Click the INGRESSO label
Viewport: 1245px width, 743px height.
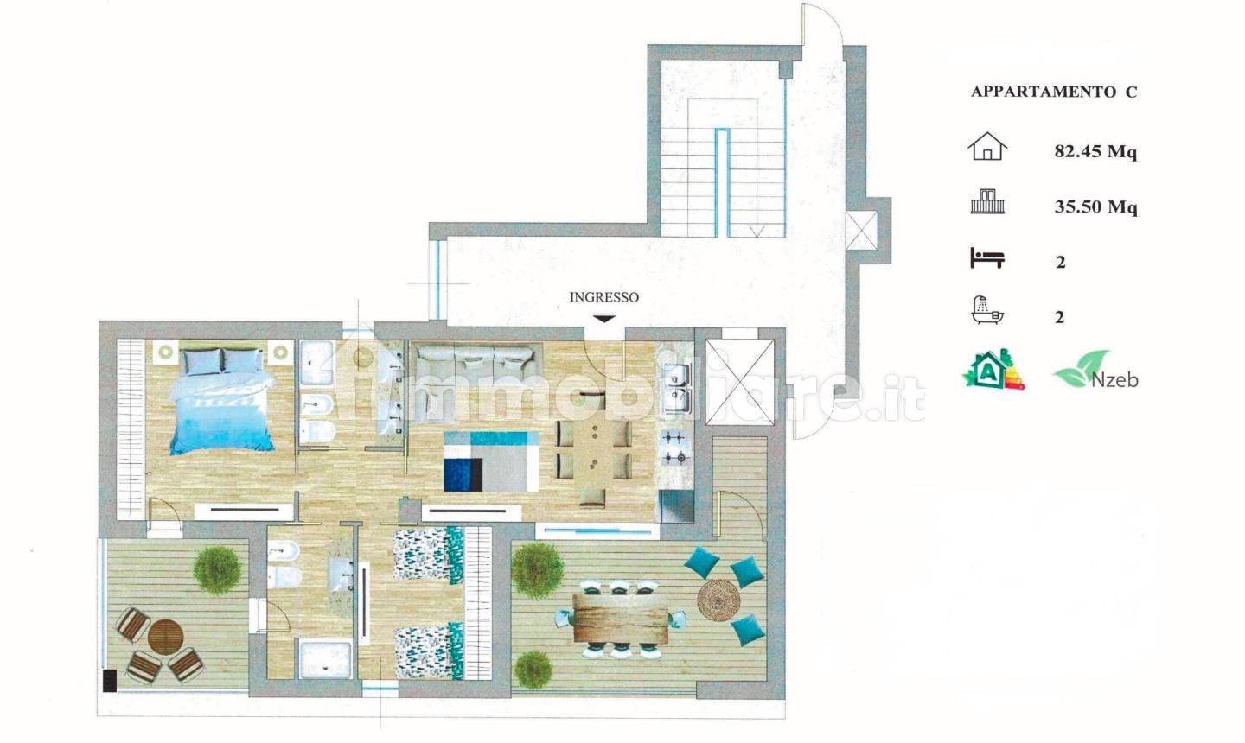coord(604,297)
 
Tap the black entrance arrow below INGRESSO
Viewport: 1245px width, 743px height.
coord(604,318)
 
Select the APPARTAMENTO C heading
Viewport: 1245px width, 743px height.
coord(1054,92)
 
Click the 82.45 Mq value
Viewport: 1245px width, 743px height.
coord(1095,151)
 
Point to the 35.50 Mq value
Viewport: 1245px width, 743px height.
coord(1095,206)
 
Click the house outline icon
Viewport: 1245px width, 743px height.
coord(987,146)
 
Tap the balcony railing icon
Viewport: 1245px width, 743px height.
coord(987,201)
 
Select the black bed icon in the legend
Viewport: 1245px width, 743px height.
coord(987,258)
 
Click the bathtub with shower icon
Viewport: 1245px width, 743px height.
coord(987,310)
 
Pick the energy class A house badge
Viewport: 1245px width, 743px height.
coord(993,369)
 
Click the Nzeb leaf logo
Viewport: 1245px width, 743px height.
coord(1095,370)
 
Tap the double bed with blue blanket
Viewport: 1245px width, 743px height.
coord(221,400)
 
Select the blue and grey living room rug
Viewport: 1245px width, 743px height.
coord(491,461)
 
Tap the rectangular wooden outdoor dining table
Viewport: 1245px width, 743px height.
coord(620,618)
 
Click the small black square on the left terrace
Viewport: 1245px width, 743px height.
coord(110,680)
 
